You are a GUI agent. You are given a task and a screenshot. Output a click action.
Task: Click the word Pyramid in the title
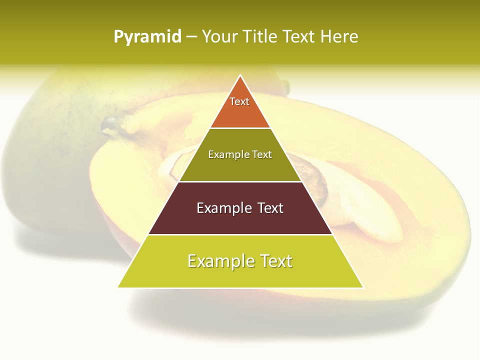tap(147, 37)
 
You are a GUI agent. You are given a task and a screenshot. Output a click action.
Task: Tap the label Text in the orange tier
tap(239, 101)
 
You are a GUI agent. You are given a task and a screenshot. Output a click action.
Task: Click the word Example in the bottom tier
tap(218, 261)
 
